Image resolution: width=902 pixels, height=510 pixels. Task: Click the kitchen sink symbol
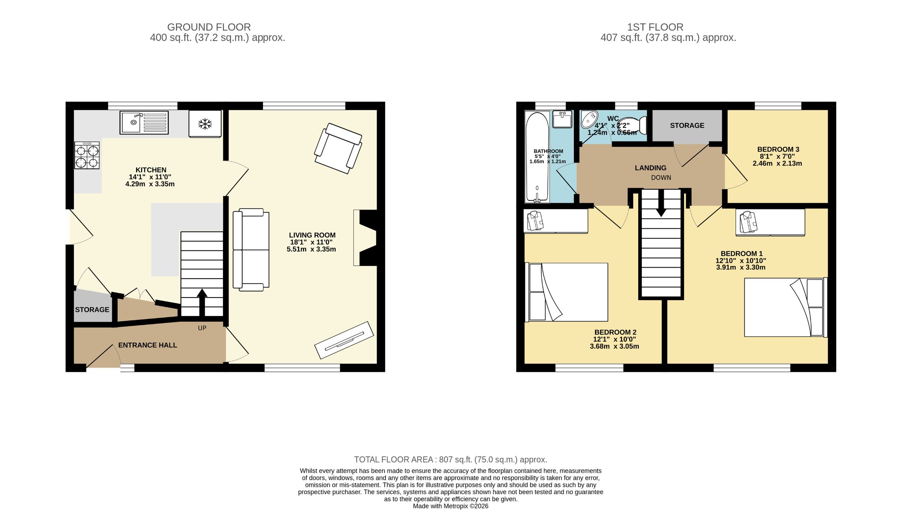pyautogui.click(x=144, y=122)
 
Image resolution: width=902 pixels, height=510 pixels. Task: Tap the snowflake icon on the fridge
pyautogui.click(x=205, y=124)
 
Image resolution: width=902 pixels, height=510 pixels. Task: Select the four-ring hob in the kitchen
pyautogui.click(x=87, y=156)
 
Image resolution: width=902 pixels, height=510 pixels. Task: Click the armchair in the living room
pyautogui.click(x=338, y=149)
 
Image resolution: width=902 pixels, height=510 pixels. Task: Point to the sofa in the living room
pyautogui.click(x=251, y=250)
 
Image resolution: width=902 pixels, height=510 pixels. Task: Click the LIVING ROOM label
pyautogui.click(x=312, y=235)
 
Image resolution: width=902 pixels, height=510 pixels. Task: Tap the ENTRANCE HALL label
pyautogui.click(x=147, y=345)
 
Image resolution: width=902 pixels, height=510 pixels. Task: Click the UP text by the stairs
pyautogui.click(x=202, y=328)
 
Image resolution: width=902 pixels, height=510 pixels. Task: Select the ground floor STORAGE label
pyautogui.click(x=92, y=310)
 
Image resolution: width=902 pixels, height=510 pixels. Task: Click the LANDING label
pyautogui.click(x=651, y=168)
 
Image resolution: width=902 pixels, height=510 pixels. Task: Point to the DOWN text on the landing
pyautogui.click(x=661, y=178)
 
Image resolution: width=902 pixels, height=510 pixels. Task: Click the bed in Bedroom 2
pyautogui.click(x=568, y=292)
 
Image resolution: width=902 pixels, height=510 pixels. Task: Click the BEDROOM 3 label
pyautogui.click(x=778, y=149)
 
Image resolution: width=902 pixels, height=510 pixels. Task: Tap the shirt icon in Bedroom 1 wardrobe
pyautogui.click(x=748, y=222)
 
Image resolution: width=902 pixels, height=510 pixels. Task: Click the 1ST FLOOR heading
pyautogui.click(x=655, y=27)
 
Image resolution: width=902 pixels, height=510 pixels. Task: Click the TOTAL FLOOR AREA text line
pyautogui.click(x=450, y=460)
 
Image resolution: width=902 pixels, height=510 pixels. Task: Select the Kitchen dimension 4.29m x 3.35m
pyautogui.click(x=150, y=184)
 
